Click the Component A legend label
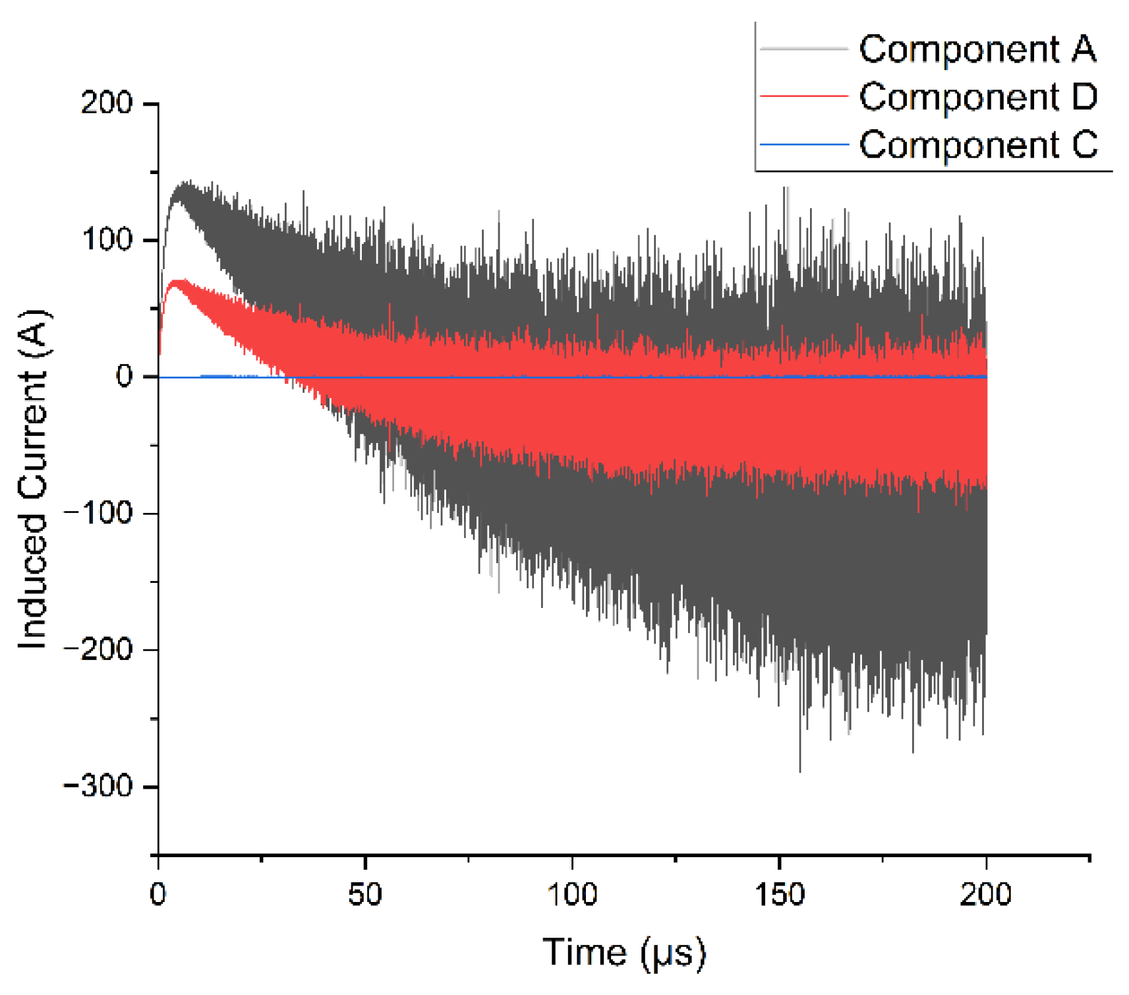point(977,49)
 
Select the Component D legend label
point(978,97)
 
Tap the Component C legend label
point(978,144)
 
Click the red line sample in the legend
point(803,96)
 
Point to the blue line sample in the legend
point(803,144)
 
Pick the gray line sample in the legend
point(803,48)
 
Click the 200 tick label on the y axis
point(107,103)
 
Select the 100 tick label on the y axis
point(107,239)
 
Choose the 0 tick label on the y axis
point(125,376)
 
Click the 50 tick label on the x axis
point(364,895)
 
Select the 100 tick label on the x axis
point(572,895)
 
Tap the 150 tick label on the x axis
point(779,895)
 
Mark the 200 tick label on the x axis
point(985,895)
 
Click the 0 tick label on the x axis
point(158,895)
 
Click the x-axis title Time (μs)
point(623,953)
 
